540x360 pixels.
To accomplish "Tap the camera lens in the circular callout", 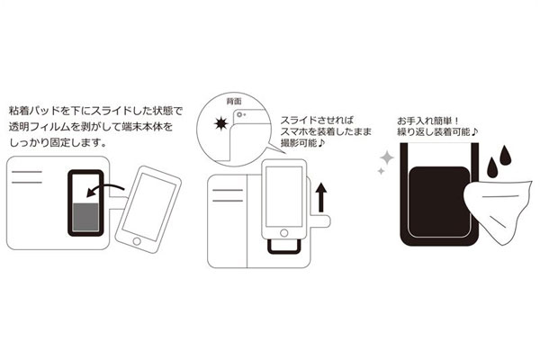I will click(x=239, y=115).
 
